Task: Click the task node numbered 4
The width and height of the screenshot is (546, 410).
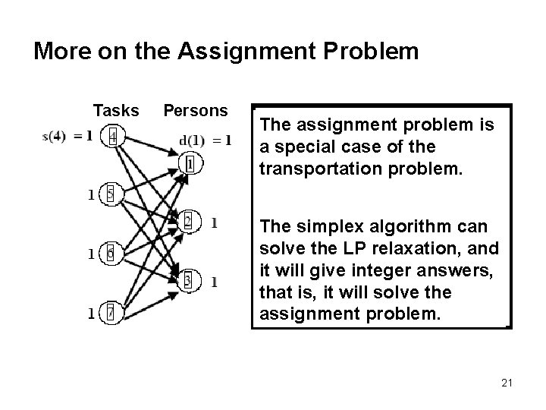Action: pos(113,137)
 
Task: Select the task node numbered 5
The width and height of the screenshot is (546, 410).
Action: pos(110,194)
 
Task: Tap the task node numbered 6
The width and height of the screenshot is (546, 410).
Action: pos(111,253)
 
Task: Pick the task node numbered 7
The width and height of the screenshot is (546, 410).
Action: pos(111,312)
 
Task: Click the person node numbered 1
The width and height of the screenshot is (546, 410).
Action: pos(190,162)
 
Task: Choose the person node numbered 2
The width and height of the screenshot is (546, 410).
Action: pos(188,222)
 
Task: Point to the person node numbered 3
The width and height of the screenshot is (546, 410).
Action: pos(188,281)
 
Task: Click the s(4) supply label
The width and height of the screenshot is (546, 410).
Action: pos(55,137)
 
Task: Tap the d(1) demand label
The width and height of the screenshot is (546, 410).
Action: pos(193,140)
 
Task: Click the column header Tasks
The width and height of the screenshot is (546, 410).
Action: pos(116,111)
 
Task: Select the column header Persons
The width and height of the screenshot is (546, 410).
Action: pos(196,111)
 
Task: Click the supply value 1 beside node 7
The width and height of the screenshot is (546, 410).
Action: pos(91,313)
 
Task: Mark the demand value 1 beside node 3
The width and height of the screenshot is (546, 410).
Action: pos(215,282)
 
